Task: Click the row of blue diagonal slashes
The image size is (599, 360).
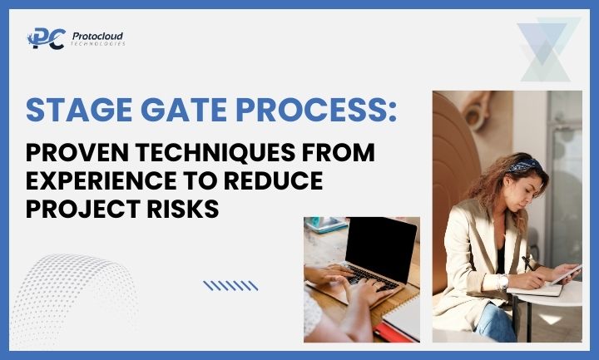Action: click(x=230, y=285)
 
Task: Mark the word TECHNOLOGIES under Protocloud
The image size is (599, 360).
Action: click(x=98, y=44)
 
